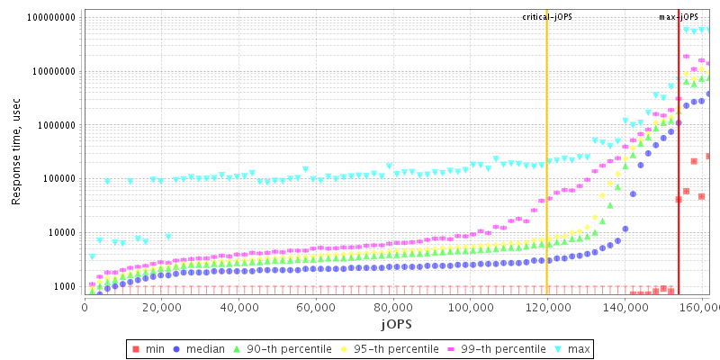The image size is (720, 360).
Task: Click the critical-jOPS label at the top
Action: click(547, 17)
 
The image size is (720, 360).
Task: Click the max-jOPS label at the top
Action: click(679, 17)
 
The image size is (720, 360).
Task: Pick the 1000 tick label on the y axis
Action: click(63, 286)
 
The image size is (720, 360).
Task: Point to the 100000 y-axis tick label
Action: click(57, 178)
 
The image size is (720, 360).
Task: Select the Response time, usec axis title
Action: click(16, 153)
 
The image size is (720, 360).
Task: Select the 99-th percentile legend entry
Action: click(497, 348)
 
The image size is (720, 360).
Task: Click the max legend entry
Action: click(576, 348)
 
